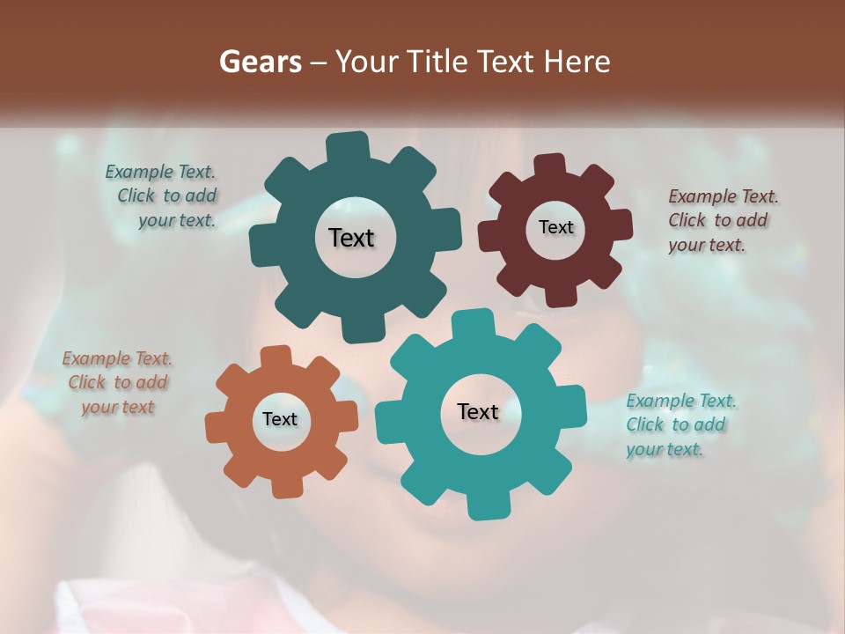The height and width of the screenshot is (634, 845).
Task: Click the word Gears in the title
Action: (257, 62)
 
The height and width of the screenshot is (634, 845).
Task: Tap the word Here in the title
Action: (577, 62)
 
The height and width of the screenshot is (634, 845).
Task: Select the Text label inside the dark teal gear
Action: (351, 238)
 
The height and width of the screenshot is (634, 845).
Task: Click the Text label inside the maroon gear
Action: (555, 227)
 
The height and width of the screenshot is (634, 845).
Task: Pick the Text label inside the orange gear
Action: (280, 419)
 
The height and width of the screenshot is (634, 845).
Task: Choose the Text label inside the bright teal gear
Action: (478, 411)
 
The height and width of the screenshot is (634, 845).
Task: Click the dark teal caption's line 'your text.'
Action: (177, 220)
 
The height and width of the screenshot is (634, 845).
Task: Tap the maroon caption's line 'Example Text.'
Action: (724, 196)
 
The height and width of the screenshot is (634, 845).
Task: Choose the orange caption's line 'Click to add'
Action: (118, 382)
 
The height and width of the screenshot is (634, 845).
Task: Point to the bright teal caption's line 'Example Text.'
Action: (681, 402)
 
